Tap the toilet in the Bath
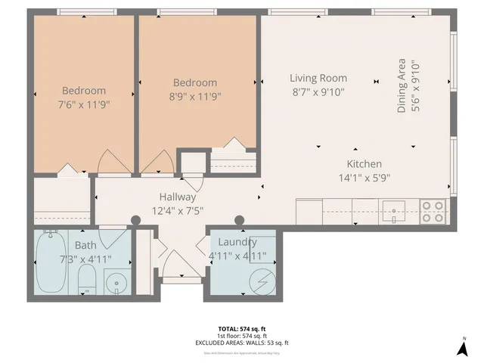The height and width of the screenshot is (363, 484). pyautogui.click(x=88, y=282)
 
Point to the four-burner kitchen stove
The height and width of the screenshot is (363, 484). pyautogui.click(x=433, y=211)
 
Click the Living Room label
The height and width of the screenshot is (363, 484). pyautogui.click(x=318, y=78)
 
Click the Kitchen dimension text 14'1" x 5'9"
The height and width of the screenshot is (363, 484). pyautogui.click(x=364, y=178)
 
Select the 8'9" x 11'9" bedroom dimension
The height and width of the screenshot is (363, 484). pyautogui.click(x=195, y=97)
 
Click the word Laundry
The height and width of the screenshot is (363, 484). pyautogui.click(x=233, y=242)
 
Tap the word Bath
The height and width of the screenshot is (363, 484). pyautogui.click(x=85, y=245)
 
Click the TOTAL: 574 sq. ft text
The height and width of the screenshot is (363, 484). pyautogui.click(x=242, y=329)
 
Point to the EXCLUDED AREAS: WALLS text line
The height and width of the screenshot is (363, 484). pyautogui.click(x=242, y=343)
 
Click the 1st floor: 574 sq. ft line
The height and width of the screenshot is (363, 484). pyautogui.click(x=242, y=336)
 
